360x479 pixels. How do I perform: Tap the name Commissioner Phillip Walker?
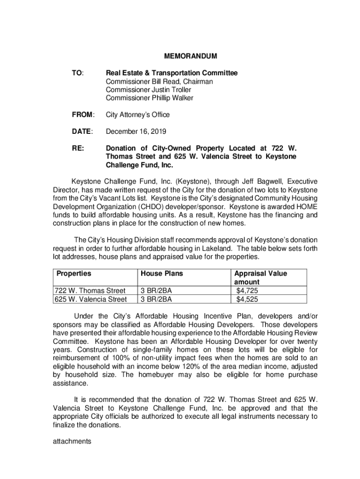(x=149, y=98)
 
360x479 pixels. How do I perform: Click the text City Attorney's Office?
(x=137, y=115)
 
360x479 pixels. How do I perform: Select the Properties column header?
(x=74, y=274)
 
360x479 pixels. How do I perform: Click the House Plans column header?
(x=162, y=274)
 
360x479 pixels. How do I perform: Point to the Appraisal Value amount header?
(x=260, y=278)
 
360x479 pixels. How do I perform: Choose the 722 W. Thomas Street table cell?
(x=90, y=291)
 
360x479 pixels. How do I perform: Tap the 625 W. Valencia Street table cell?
(x=91, y=299)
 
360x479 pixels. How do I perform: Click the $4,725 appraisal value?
(x=247, y=291)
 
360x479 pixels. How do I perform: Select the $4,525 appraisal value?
(x=247, y=299)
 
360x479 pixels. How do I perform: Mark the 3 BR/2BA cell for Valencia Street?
(x=156, y=299)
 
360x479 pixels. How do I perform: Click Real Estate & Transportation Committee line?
(x=172, y=73)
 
